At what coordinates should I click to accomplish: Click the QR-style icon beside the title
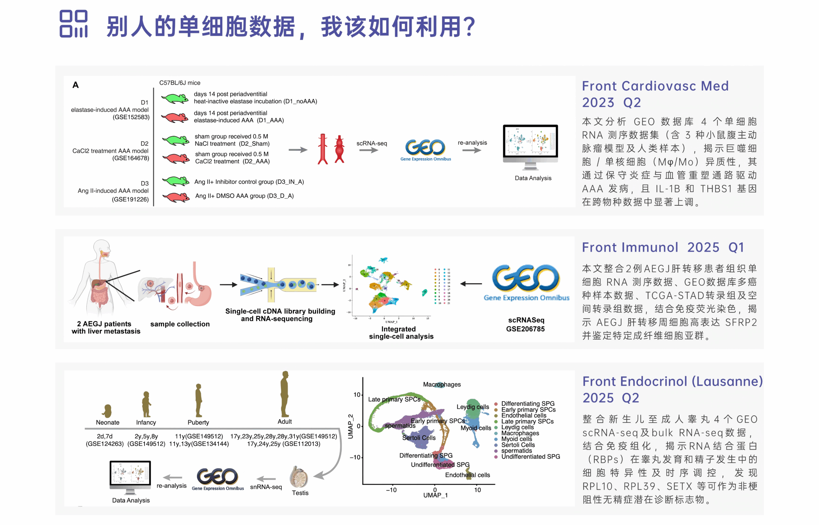click(73, 24)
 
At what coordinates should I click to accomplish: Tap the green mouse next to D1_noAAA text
click(174, 99)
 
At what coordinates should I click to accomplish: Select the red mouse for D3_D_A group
click(176, 197)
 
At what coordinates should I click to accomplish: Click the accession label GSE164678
click(131, 158)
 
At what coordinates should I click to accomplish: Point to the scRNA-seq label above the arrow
click(371, 144)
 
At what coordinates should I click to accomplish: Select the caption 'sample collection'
click(180, 324)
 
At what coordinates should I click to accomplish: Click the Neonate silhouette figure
click(108, 411)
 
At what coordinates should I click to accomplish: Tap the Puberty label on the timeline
click(198, 422)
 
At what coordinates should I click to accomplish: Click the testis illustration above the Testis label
click(299, 477)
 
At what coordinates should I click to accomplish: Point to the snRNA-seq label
click(266, 487)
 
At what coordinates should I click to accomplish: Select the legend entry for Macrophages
click(520, 433)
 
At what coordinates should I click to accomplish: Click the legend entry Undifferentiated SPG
click(530, 457)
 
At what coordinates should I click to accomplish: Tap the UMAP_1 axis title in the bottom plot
click(435, 495)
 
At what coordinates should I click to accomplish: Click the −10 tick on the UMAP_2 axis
click(355, 457)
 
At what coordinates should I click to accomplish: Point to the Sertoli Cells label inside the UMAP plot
click(418, 438)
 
